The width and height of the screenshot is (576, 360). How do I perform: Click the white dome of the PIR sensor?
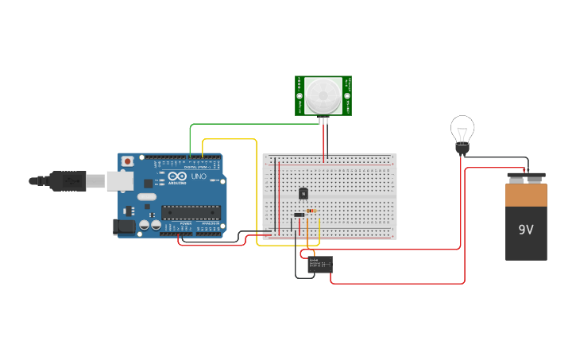[323, 95]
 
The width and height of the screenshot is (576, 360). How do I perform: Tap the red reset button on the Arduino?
[127, 161]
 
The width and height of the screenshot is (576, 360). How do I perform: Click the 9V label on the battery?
[526, 230]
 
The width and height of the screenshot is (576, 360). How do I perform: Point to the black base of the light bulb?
[462, 149]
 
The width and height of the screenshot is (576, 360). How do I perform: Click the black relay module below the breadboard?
[320, 265]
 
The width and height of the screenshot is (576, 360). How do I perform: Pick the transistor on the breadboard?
[303, 193]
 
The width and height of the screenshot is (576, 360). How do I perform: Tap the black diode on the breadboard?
[299, 215]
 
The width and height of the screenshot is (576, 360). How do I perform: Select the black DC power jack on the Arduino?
[124, 226]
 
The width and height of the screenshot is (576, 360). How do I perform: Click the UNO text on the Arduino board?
[198, 176]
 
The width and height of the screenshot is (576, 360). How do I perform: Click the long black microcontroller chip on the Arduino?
[191, 212]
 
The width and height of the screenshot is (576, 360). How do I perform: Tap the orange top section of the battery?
[526, 195]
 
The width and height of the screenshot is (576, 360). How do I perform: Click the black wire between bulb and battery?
[501, 158]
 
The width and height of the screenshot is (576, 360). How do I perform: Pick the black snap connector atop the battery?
[526, 177]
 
